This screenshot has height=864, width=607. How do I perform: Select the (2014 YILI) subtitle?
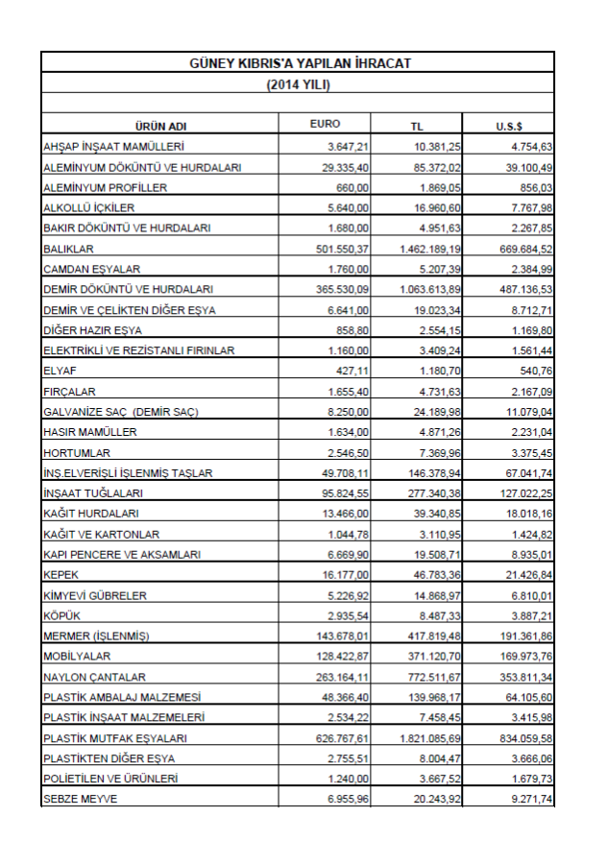[x=298, y=84]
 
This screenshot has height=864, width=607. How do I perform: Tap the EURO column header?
[x=325, y=124]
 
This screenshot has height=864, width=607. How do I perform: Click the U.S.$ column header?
[x=509, y=126]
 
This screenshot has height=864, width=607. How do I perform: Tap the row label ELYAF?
[x=59, y=371]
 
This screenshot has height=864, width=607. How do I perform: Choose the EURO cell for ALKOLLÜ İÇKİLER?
[x=349, y=207]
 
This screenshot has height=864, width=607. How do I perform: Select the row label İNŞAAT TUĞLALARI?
[x=93, y=493]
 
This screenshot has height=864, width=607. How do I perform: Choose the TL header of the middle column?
[x=417, y=126]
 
